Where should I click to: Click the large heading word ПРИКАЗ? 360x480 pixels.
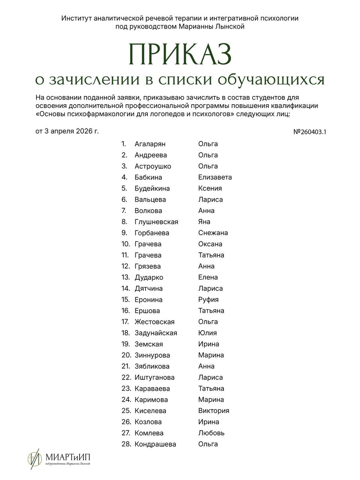point(180,54)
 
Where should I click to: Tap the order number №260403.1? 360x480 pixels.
point(309,132)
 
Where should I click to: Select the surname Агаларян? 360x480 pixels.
point(150,144)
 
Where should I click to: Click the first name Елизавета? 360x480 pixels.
point(215,177)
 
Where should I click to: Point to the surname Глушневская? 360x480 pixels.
point(156,222)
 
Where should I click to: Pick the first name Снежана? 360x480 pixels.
point(213,233)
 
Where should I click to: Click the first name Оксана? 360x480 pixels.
point(210,244)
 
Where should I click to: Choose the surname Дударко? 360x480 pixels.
point(149,277)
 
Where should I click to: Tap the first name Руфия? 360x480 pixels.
point(208,300)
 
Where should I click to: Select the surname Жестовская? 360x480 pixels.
point(154,322)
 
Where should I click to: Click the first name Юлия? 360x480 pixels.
point(207,333)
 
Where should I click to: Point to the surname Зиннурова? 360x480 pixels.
point(152,355)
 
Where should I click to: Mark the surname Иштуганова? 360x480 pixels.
point(154,378)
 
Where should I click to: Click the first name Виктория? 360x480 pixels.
point(213,411)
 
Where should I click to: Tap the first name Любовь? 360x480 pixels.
point(211,433)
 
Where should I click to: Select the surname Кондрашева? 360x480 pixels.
point(155,444)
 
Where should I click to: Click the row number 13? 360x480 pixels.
point(126,277)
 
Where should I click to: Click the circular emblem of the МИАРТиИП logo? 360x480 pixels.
point(34,458)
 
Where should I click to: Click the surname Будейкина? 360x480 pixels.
point(152,189)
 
